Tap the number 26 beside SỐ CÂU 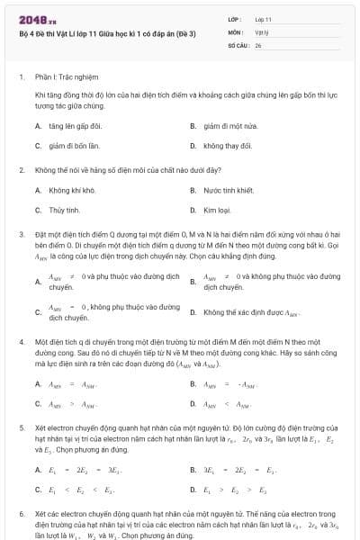[x=258, y=43]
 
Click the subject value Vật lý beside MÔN [x=262, y=31]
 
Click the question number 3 [x=21, y=234]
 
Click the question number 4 [x=21, y=343]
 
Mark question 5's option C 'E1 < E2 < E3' [x=81, y=490]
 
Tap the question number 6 [x=21, y=513]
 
